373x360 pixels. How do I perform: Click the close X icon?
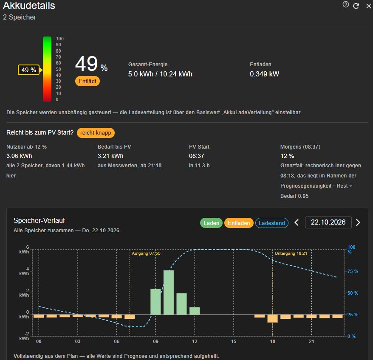(x=368, y=6)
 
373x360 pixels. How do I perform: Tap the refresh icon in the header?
(x=356, y=6)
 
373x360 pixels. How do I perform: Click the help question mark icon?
(x=346, y=5)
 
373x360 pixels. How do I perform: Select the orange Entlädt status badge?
(x=88, y=82)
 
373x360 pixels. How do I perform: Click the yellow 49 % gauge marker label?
(x=28, y=70)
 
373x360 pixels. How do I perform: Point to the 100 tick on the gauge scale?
(x=60, y=39)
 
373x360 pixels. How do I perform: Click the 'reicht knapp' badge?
(x=96, y=133)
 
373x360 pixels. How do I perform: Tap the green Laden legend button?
(x=211, y=223)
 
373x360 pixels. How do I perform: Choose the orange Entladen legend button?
(x=239, y=223)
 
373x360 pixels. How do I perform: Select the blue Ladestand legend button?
(x=271, y=223)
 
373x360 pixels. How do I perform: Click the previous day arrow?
(x=297, y=222)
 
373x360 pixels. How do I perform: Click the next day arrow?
(x=358, y=222)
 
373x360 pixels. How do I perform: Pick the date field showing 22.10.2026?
(x=328, y=222)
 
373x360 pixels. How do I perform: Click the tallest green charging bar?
(x=168, y=292)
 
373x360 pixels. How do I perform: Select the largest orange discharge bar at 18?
(x=272, y=318)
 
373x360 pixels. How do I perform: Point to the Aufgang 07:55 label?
(x=146, y=253)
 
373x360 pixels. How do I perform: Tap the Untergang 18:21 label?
(x=291, y=253)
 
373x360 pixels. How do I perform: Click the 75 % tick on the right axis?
(x=353, y=271)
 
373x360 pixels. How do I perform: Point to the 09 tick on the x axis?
(x=155, y=341)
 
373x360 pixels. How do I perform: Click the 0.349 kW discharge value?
(x=264, y=74)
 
